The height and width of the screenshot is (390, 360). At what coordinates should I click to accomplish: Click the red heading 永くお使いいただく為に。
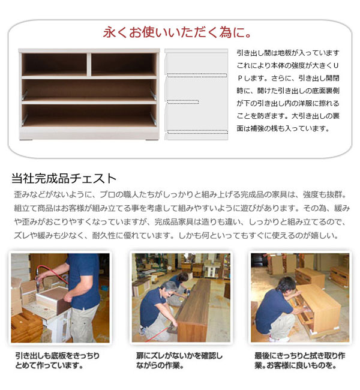point(178,31)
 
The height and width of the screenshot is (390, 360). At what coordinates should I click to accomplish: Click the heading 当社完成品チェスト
point(64,178)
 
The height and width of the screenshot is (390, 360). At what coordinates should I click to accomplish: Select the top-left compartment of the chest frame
point(54,64)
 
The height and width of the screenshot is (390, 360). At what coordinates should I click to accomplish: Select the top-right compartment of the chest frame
point(124,64)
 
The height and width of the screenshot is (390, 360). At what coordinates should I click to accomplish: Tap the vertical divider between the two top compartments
point(89,64)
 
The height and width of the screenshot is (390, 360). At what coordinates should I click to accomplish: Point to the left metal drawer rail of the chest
point(24,95)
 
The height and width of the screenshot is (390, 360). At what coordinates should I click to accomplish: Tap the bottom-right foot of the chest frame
point(148,137)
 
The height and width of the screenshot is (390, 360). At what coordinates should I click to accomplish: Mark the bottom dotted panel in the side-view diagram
point(196,131)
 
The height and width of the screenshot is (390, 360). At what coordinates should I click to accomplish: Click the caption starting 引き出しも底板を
point(58,360)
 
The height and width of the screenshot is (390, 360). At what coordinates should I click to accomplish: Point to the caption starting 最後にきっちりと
point(298,360)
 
